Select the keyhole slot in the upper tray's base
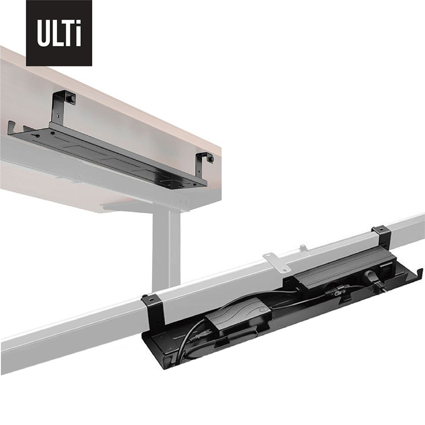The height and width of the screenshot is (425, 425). pyautogui.click(x=36, y=135)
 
